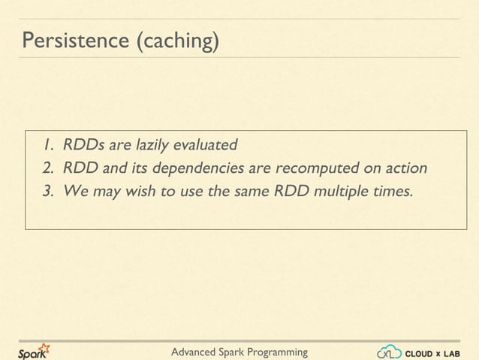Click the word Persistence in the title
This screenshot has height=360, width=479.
(74, 42)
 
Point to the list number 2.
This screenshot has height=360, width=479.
(47, 167)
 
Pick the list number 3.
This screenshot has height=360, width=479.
(47, 190)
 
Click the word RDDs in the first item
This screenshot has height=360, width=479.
(85, 144)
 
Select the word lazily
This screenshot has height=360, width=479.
(152, 144)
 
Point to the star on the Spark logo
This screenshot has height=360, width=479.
(44, 346)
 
